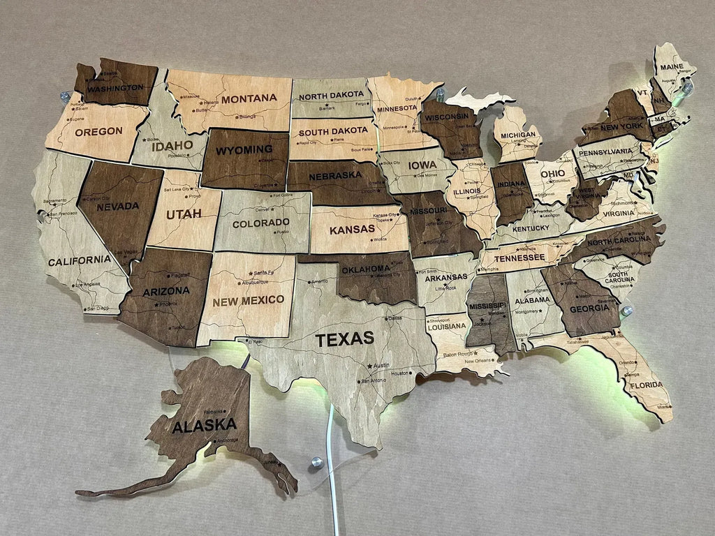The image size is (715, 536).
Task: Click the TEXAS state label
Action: pyautogui.click(x=344, y=340)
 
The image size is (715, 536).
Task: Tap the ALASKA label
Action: pyautogui.click(x=205, y=424)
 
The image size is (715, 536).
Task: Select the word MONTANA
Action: pyautogui.click(x=249, y=98)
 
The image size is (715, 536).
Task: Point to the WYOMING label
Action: pyautogui.click(x=244, y=149)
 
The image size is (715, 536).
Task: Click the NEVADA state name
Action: pyautogui.click(x=117, y=207)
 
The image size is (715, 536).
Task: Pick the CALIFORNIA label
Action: pyautogui.click(x=79, y=260)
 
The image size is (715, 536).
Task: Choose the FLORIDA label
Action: pyautogui.click(x=646, y=385)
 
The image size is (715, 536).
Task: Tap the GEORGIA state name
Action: pyautogui.click(x=584, y=308)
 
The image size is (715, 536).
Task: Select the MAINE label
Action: pyautogui.click(x=671, y=67)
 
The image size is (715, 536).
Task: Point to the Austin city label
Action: pyautogui.click(x=381, y=366)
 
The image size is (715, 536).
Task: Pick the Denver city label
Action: pyautogui.click(x=263, y=209)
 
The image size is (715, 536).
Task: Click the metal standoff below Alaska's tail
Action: pyautogui.click(x=316, y=461)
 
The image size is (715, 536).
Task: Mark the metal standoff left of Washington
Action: pyautogui.click(x=65, y=96)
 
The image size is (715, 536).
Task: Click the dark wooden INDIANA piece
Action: pyautogui.click(x=512, y=192)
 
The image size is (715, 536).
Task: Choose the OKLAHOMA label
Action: pyautogui.click(x=365, y=269)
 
